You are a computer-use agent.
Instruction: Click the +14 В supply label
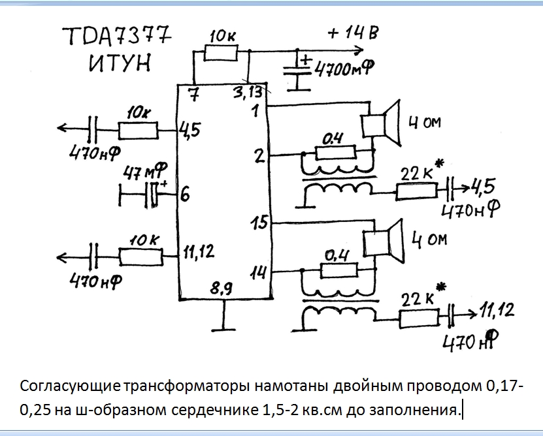353,33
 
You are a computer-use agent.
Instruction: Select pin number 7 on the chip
195,94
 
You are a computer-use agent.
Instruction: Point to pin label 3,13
247,93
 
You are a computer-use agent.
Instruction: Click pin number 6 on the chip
185,195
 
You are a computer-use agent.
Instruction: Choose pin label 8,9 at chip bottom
222,288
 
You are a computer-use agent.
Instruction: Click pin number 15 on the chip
259,222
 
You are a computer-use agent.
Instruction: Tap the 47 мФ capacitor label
146,171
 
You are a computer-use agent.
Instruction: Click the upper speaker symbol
381,123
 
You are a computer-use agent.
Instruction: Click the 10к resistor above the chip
221,54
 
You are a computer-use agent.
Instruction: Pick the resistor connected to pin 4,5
138,131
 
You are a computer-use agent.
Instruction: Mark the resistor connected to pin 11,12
140,257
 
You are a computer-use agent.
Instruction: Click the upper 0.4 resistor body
336,152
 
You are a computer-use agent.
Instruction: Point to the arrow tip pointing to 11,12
476,313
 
